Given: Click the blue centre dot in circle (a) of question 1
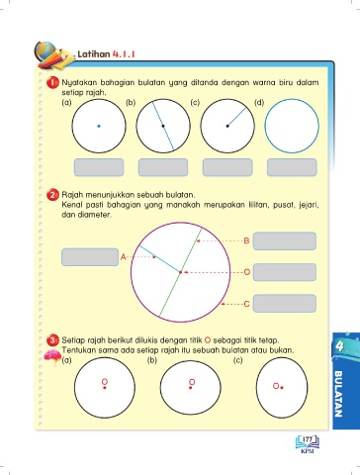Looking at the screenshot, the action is (x=99, y=126).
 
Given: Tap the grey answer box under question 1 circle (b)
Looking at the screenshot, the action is (x=163, y=167).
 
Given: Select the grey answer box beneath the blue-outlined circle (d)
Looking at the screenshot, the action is (x=292, y=167).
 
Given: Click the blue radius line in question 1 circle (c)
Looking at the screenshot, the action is (x=236, y=117).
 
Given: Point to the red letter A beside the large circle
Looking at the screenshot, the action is (x=123, y=257).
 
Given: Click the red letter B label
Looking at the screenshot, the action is (x=246, y=240).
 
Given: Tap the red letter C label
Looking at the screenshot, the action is (x=246, y=304).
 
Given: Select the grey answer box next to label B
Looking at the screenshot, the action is (x=285, y=241).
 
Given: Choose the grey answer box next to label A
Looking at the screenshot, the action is (x=90, y=257).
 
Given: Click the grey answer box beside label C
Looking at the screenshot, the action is (x=285, y=304).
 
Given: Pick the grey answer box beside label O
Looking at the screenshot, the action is (x=285, y=272).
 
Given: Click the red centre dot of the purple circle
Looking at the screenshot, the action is (x=180, y=272).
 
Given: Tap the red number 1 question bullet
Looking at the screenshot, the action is (x=52, y=82).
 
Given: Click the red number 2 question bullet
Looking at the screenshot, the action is (x=52, y=195).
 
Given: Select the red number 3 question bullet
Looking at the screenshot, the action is (x=52, y=340).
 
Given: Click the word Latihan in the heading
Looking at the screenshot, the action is (x=94, y=54).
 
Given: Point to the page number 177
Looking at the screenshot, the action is (x=308, y=439).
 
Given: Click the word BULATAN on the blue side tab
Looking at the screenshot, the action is (x=338, y=394).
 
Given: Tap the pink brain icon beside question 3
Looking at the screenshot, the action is (x=52, y=357).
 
